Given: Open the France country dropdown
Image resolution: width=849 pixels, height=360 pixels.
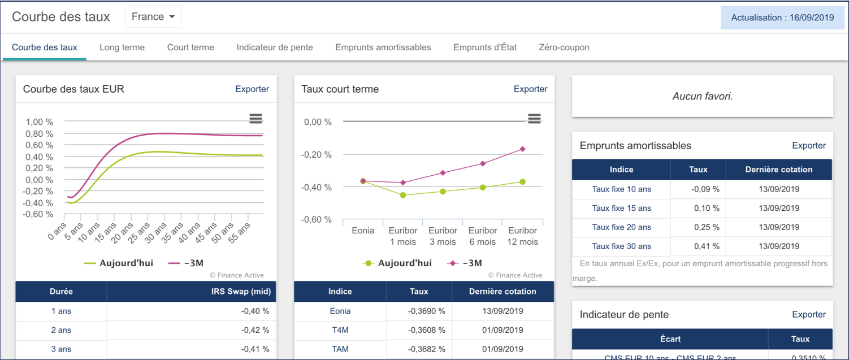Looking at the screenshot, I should click(x=153, y=17).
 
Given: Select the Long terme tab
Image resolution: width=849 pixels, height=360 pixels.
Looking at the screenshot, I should click(x=122, y=47).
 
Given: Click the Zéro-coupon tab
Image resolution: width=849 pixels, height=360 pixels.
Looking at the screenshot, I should click(x=564, y=47).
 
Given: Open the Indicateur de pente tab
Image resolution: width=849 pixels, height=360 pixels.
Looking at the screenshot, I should click(x=275, y=47).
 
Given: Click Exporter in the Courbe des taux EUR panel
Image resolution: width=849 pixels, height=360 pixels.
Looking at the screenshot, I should click(x=252, y=89).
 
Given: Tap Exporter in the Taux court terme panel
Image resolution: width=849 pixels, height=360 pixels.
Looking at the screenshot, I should click(x=530, y=89).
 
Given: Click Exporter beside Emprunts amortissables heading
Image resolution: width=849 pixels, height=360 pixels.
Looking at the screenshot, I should click(x=809, y=145).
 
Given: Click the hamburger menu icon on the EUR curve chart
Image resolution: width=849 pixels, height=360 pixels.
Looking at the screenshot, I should click(x=255, y=118).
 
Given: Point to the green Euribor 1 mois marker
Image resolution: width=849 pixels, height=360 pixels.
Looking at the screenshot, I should click(x=403, y=195).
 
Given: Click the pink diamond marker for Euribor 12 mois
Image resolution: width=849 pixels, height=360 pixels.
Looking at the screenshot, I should click(x=523, y=149).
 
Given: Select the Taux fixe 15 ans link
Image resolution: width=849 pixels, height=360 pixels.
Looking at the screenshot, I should click(x=621, y=208).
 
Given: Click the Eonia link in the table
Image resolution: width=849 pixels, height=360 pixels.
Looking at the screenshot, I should click(x=340, y=311).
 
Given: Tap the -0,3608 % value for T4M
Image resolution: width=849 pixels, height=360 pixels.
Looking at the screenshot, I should click(x=426, y=330).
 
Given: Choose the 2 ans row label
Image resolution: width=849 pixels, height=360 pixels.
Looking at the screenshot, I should click(x=61, y=330).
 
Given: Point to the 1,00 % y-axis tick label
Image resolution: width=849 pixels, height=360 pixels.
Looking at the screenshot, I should click(x=40, y=122).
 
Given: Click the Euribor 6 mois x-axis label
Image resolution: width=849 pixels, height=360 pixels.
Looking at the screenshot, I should click(x=483, y=236).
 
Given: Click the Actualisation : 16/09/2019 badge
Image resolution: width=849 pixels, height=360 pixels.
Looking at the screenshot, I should click(x=782, y=18).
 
